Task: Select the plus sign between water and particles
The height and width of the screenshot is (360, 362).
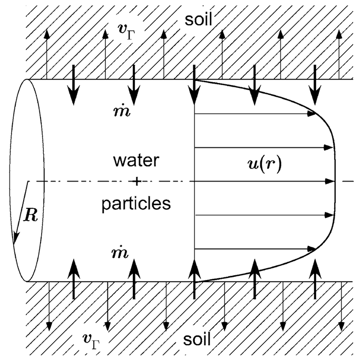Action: pos(136,182)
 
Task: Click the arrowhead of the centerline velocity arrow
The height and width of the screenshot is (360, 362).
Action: pos(331,181)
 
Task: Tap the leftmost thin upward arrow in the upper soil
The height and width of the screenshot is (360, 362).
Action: pos(47,53)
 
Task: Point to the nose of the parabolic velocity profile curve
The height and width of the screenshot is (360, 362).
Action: pos(335,181)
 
